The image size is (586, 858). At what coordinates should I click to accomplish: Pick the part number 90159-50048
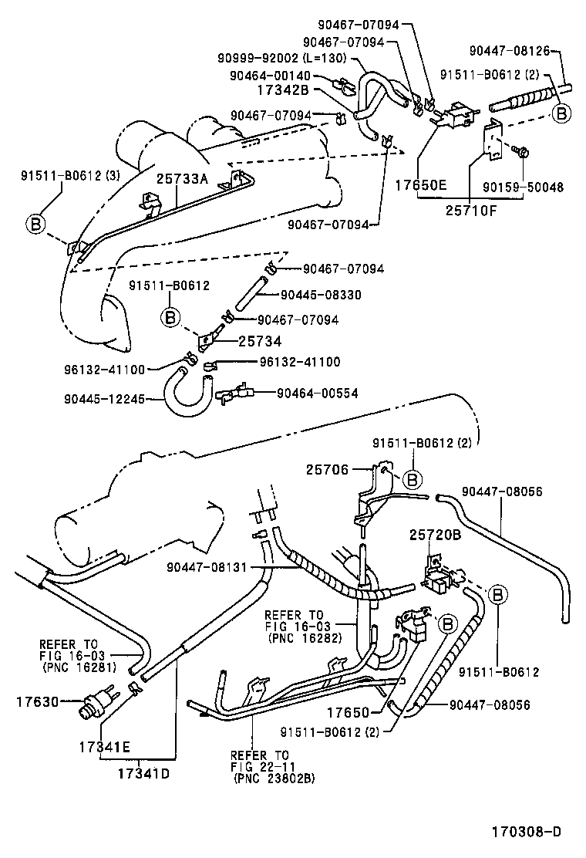[534, 187]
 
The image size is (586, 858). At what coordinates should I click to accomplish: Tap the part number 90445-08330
[321, 295]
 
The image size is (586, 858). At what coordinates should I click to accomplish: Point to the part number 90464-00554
[317, 393]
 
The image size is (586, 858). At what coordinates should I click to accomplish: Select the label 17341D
[143, 772]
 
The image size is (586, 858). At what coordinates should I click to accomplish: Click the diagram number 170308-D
[527, 832]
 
